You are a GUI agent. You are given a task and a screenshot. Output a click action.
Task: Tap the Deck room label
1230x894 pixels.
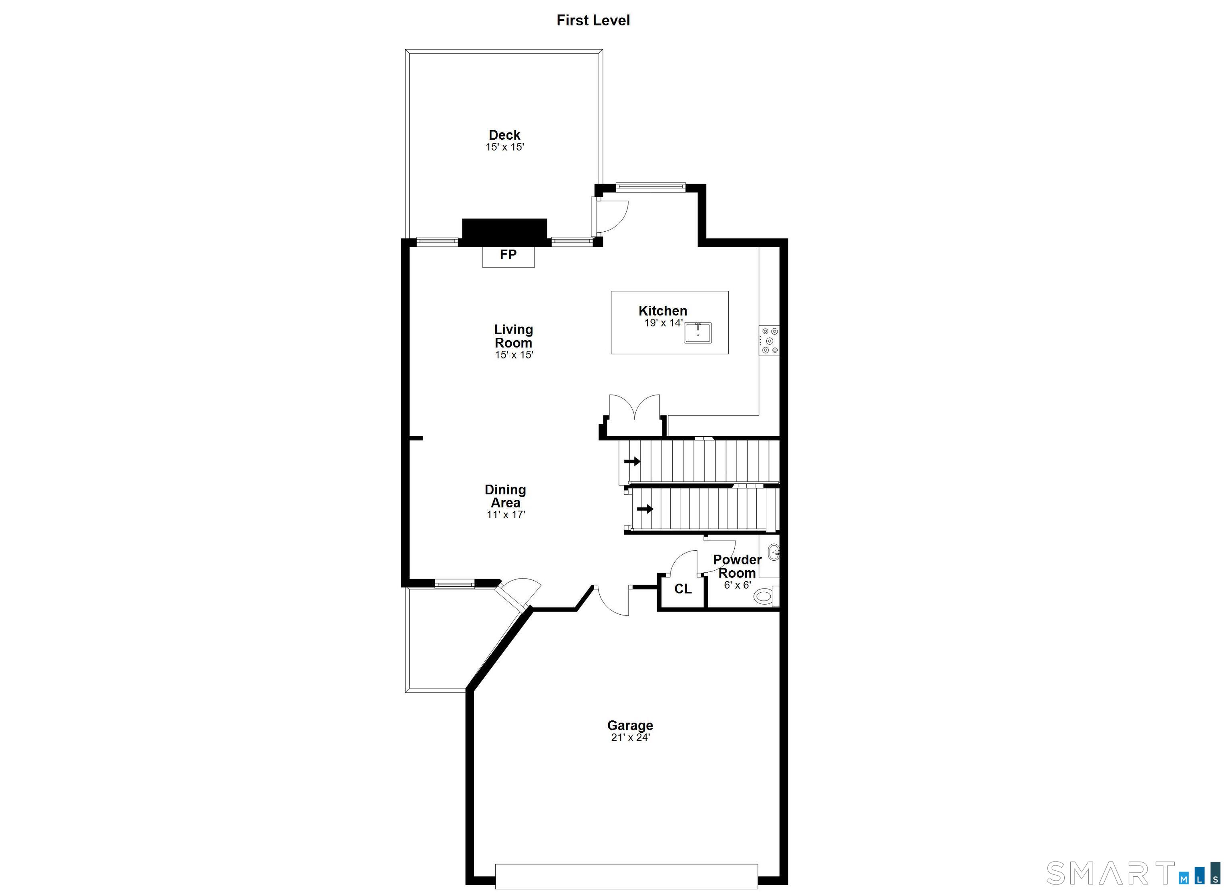click(x=504, y=135)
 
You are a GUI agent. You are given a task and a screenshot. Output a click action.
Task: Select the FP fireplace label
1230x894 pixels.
click(x=508, y=255)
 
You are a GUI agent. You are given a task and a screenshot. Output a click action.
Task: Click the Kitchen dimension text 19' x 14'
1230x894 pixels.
click(x=663, y=323)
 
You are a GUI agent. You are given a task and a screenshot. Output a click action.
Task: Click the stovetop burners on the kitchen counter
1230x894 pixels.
click(x=769, y=341)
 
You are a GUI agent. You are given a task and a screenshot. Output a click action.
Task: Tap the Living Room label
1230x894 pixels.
click(x=514, y=336)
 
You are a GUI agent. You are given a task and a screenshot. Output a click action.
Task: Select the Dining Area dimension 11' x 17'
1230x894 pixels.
click(x=505, y=515)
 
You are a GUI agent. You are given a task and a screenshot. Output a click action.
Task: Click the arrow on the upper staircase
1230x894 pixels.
click(x=632, y=461)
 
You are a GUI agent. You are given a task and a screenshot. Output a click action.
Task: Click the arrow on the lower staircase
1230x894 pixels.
click(x=645, y=509)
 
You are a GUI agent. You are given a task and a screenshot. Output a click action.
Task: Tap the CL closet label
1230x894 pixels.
click(x=683, y=589)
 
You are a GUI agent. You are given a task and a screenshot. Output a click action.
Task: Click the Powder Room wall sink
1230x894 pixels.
click(x=774, y=553)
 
